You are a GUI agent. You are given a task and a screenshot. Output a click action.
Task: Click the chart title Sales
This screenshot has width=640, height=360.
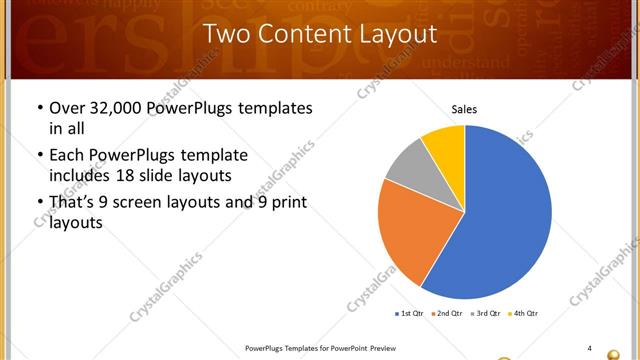coord(464,108)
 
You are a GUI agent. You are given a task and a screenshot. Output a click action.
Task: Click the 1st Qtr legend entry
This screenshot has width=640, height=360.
coord(409,314)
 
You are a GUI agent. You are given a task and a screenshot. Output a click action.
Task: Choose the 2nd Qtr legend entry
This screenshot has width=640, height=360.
coord(447,314)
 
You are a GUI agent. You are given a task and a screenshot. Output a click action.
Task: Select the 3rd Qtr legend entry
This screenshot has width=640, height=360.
coord(485,314)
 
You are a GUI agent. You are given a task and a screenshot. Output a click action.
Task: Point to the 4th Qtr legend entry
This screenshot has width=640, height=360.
coord(523,314)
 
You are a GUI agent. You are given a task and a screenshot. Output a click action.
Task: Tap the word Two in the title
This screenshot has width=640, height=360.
coord(225,34)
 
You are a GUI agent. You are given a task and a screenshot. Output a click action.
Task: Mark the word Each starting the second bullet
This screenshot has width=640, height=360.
coord(66,156)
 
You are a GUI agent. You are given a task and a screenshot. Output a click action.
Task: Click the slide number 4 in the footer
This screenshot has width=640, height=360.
coord(589,348)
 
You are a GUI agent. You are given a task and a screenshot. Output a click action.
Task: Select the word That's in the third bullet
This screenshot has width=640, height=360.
coord(73,203)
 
